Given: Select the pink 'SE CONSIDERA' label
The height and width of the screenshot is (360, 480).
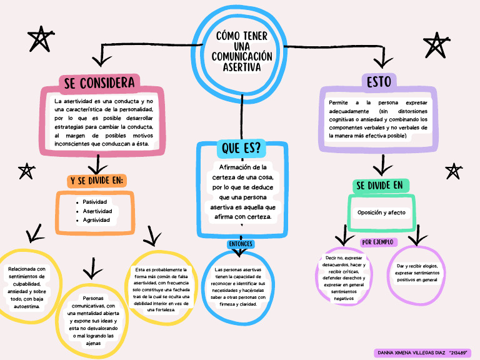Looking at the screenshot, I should pos(99,83).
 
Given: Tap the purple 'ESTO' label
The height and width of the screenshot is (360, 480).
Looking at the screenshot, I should pos(379,82).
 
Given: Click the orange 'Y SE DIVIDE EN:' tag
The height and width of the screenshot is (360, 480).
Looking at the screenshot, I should pos(97,181).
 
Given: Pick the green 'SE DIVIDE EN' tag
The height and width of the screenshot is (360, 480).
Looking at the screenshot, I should pos(379,186).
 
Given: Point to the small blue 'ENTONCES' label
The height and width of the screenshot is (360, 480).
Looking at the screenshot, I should pos(241,243).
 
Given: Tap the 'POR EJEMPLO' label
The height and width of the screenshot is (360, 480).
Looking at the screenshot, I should pos(379,242).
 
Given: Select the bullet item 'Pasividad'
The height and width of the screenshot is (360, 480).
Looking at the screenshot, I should pos(95,202).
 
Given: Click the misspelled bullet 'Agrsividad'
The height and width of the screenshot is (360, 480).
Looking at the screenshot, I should pos(96,220).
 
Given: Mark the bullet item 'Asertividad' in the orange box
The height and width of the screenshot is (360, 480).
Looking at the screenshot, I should pos(97,211).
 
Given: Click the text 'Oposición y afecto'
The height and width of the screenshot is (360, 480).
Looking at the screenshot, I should pos(381,212).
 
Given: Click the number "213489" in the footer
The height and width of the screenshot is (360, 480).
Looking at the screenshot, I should pos(459,353).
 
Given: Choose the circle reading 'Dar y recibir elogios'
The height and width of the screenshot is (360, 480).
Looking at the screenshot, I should pos(416,273).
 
